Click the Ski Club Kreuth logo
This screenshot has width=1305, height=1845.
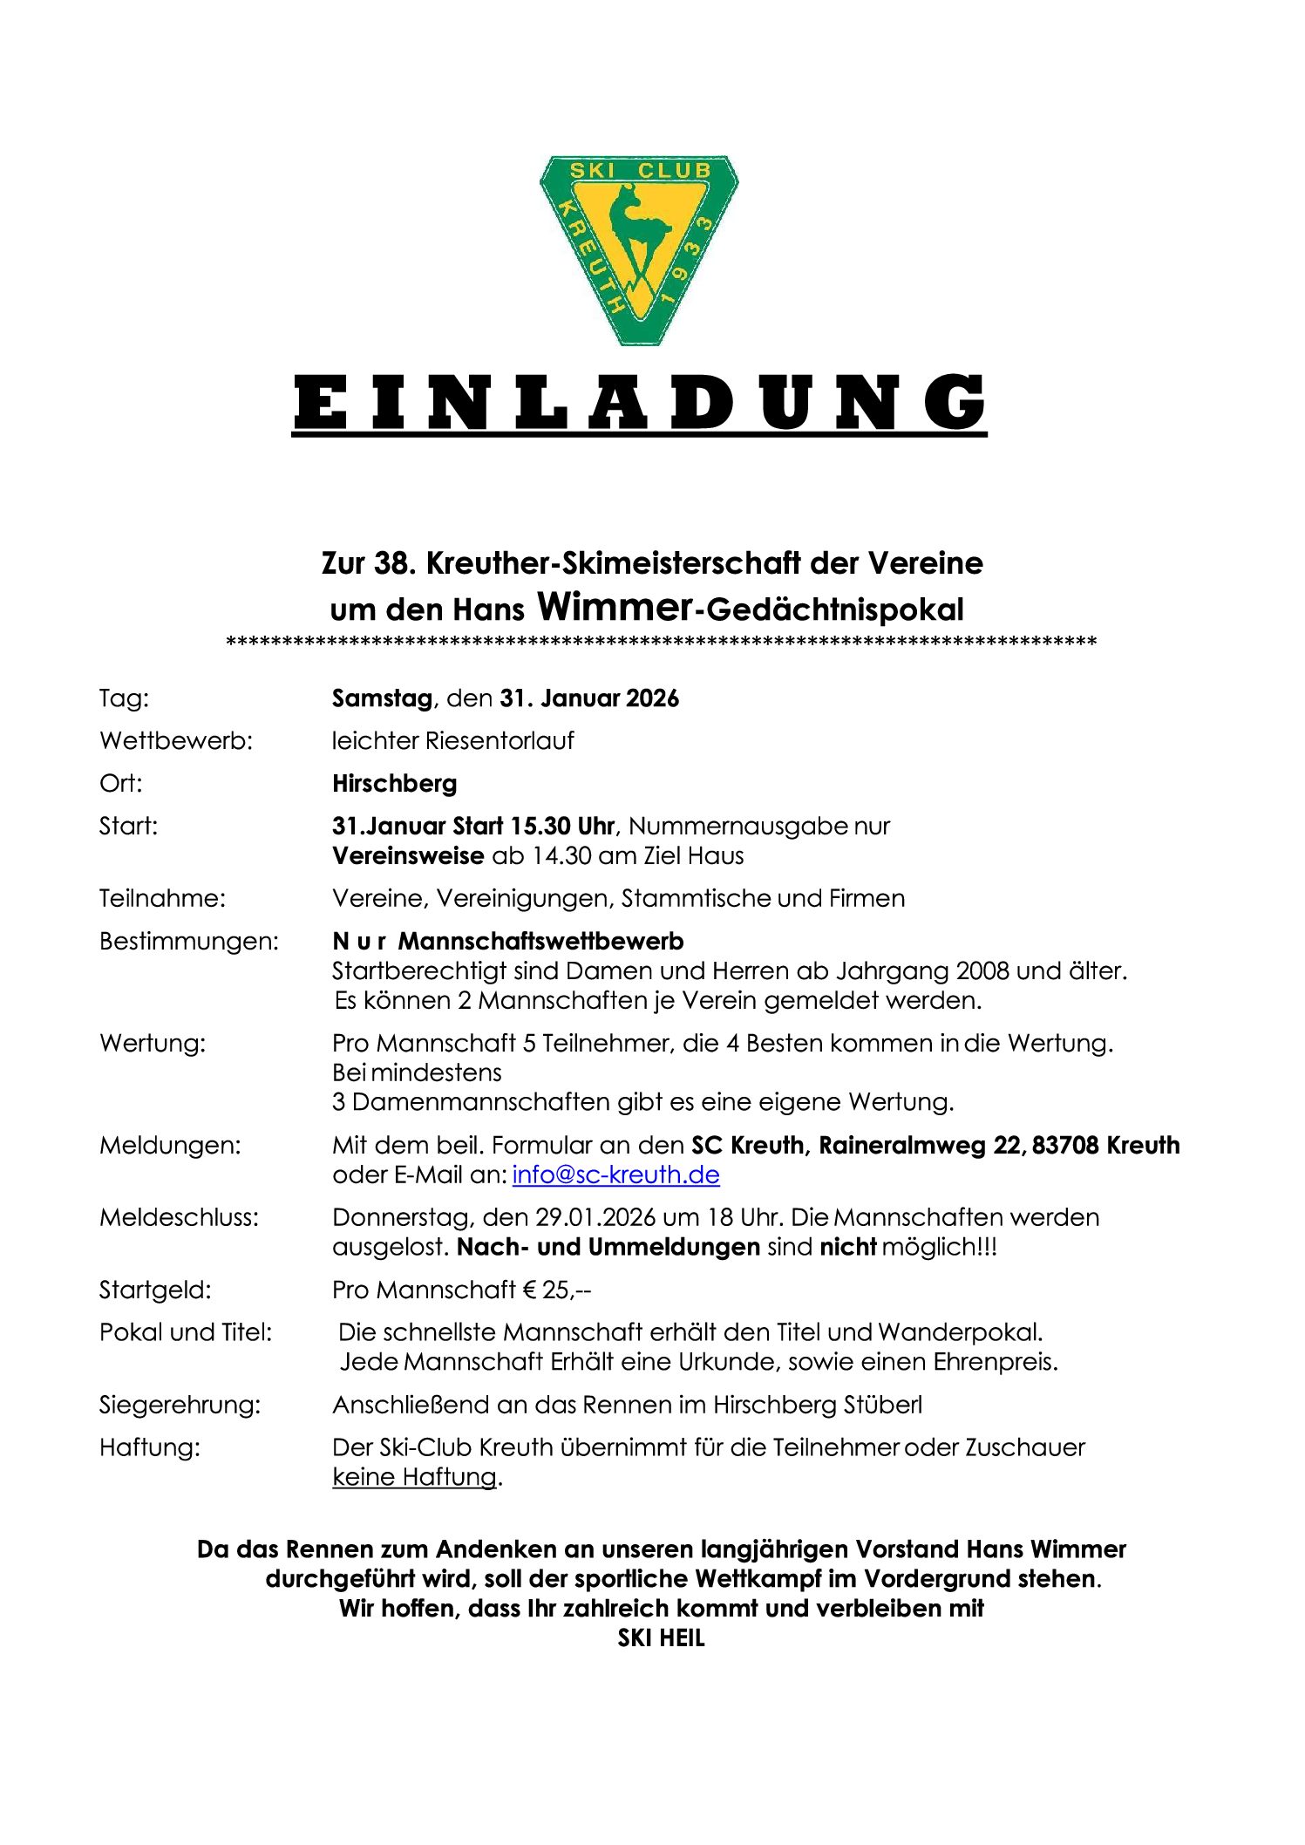pyautogui.click(x=639, y=248)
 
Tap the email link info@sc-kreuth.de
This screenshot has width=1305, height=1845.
pyautogui.click(x=615, y=1174)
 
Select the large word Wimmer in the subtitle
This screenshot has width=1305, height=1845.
pyautogui.click(x=615, y=606)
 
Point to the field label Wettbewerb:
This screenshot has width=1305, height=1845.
pyautogui.click(x=175, y=741)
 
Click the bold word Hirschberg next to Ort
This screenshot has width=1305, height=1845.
pyautogui.click(x=394, y=784)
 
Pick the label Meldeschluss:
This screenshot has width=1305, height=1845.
pyautogui.click(x=179, y=1217)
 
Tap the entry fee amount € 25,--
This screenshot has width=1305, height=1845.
pyautogui.click(x=557, y=1290)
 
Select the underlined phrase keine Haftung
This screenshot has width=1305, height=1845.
pyautogui.click(x=414, y=1477)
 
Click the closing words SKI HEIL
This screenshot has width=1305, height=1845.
pyautogui.click(x=661, y=1638)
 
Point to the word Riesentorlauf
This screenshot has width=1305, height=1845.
pyautogui.click(x=500, y=741)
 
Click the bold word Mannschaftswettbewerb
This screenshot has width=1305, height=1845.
pyautogui.click(x=540, y=942)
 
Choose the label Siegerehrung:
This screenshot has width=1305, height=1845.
pyautogui.click(x=180, y=1405)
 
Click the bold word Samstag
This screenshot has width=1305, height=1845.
pyautogui.click(x=382, y=698)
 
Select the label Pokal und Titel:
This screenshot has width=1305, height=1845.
pyautogui.click(x=186, y=1332)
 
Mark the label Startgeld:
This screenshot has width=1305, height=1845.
pyautogui.click(x=155, y=1290)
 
